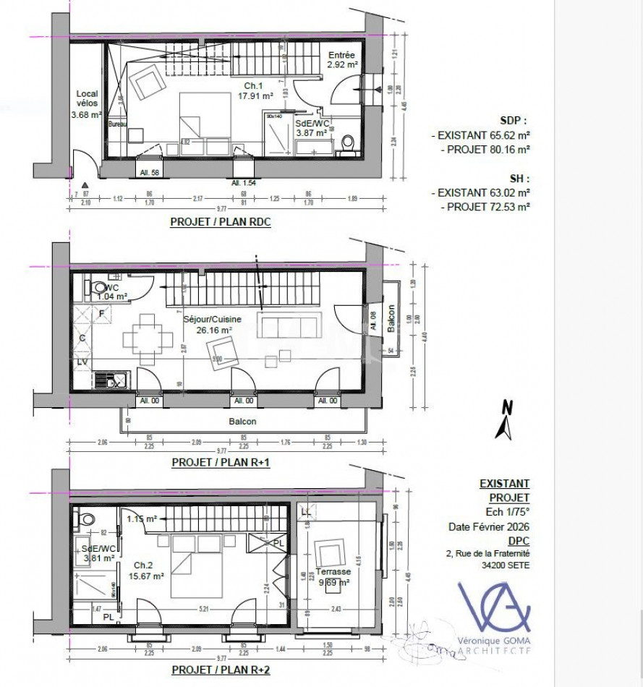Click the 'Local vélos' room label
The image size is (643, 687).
[85, 103]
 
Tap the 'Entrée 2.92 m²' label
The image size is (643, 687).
[341, 59]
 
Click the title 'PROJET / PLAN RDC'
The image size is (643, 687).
[220, 223]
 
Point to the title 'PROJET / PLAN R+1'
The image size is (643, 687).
[221, 463]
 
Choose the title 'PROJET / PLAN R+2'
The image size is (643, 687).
[221, 670]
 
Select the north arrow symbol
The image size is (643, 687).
[504, 421]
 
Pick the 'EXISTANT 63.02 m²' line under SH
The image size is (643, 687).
[480, 193]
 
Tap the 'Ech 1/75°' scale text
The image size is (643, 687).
[506, 512]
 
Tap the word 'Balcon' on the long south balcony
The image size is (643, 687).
[242, 422]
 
